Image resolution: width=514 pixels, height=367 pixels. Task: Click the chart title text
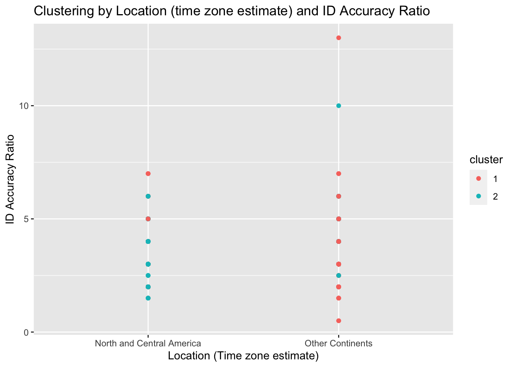(232, 11)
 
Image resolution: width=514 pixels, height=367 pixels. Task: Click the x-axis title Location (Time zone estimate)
(243, 356)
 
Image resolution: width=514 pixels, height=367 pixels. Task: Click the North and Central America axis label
(148, 343)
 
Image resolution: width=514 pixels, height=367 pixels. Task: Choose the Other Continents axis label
(338, 343)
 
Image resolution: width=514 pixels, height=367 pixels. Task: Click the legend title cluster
(486, 160)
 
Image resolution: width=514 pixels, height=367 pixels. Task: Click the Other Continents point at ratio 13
(338, 38)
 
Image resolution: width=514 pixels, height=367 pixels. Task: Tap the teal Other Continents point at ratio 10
(338, 106)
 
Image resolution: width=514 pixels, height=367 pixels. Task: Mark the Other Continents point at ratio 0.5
(338, 321)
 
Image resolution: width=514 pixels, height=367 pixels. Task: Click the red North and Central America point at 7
(148, 174)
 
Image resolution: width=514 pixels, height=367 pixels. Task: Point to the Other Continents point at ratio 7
(338, 174)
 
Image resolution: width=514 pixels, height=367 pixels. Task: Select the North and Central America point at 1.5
(148, 298)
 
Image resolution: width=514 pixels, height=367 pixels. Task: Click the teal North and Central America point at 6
(148, 196)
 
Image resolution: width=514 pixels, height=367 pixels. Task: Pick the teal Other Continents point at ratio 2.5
(338, 276)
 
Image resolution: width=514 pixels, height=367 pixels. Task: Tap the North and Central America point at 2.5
(148, 276)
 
